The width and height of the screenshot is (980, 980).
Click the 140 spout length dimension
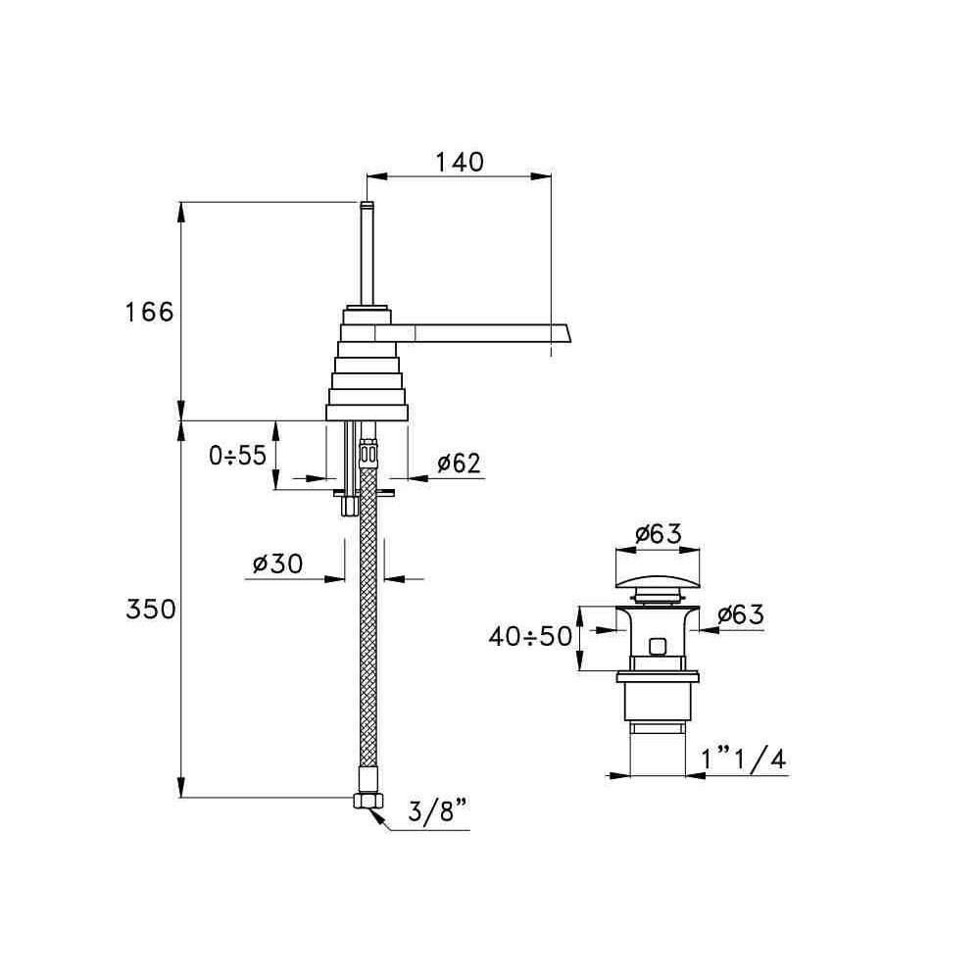tap(460, 162)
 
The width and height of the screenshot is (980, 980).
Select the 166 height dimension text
tap(149, 312)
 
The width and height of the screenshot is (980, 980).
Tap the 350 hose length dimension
tap(151, 609)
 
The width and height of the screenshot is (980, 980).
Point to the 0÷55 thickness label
tap(237, 456)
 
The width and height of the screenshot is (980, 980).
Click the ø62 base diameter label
tap(460, 464)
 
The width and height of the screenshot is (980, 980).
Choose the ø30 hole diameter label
tap(277, 563)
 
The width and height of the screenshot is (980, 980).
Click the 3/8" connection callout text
tap(437, 811)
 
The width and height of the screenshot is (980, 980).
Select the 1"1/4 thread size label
tap(743, 759)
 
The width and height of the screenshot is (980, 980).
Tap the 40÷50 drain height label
tap(530, 636)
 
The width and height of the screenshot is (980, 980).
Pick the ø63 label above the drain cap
tap(659, 534)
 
